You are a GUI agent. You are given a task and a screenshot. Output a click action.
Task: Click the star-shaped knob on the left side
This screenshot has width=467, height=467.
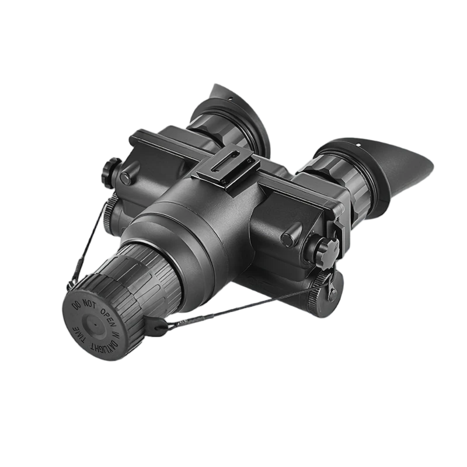point(111,172)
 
